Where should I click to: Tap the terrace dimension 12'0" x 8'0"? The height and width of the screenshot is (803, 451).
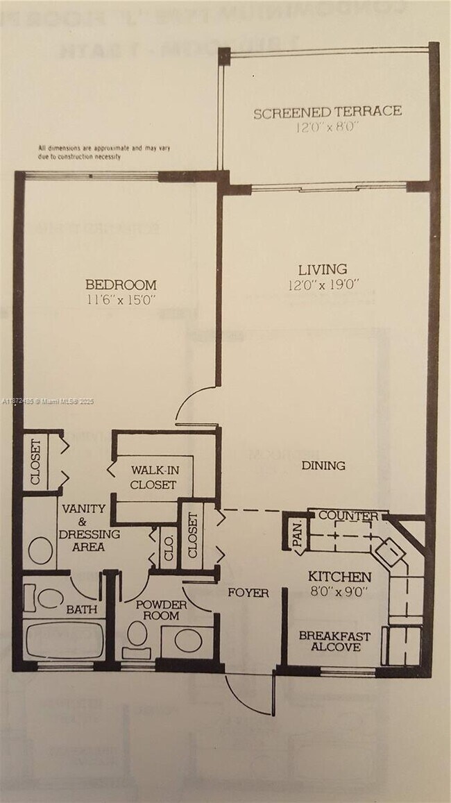(327, 128)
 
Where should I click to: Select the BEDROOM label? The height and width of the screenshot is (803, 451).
(121, 285)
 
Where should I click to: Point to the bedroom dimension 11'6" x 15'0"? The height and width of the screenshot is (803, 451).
(121, 301)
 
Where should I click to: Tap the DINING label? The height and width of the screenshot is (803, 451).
(323, 466)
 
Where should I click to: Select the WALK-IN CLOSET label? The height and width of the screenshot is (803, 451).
(153, 477)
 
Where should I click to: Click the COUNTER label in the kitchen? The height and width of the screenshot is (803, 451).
(348, 516)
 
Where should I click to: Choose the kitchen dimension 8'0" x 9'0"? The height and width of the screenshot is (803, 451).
(339, 593)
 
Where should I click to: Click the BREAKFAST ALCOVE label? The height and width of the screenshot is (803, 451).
(334, 641)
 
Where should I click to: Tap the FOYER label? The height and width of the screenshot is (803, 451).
(248, 593)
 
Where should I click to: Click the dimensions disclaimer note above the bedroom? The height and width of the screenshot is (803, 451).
(104, 152)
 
